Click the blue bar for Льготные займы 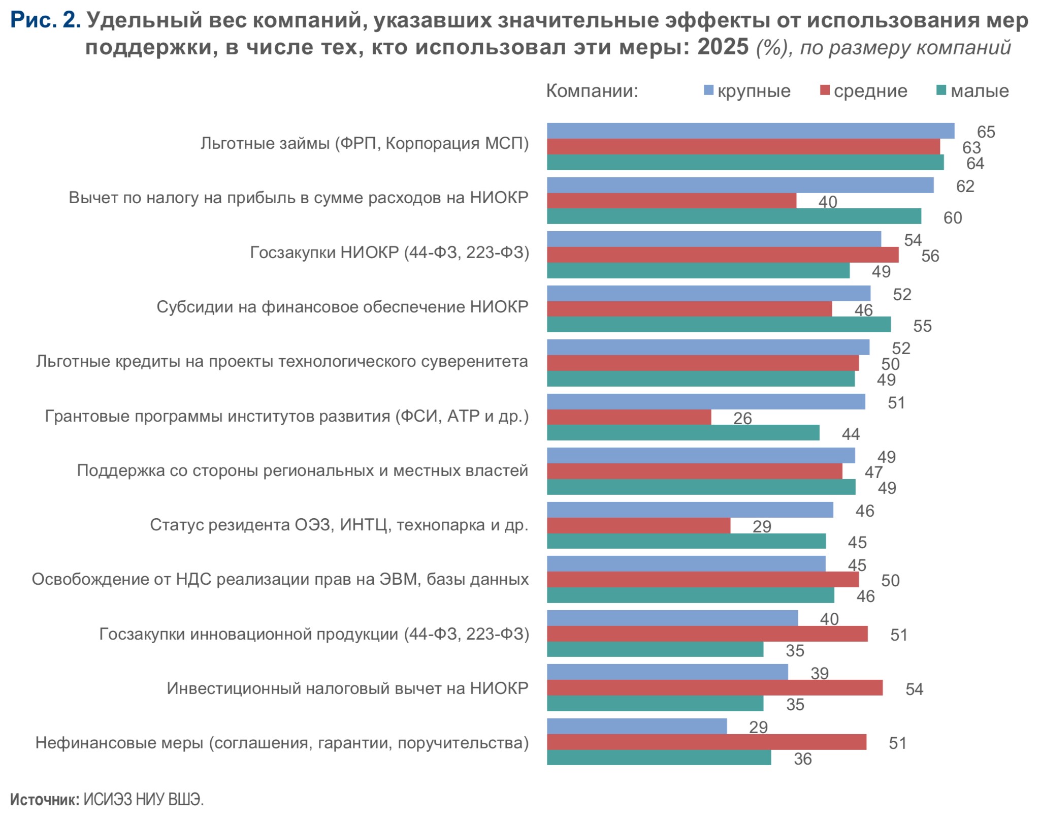pyautogui.click(x=750, y=131)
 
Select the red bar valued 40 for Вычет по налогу pyautogui.click(x=671, y=201)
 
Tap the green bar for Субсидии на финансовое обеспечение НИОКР pyautogui.click(x=719, y=325)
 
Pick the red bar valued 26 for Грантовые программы pyautogui.click(x=629, y=417)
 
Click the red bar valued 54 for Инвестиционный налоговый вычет pyautogui.click(x=714, y=688)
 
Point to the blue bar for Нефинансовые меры pyautogui.click(x=636, y=726)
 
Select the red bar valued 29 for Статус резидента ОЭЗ pyautogui.click(x=638, y=525)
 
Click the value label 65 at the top pyautogui.click(x=986, y=132)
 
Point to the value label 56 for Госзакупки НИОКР pyautogui.click(x=930, y=256)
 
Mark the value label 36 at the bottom pyautogui.click(x=802, y=759)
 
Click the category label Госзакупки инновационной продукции pyautogui.click(x=314, y=634)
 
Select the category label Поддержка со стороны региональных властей pyautogui.click(x=302, y=470)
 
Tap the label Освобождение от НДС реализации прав pyautogui.click(x=280, y=579)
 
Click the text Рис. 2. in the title pyautogui.click(x=45, y=20)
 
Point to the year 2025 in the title pyautogui.click(x=723, y=47)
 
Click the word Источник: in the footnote pyautogui.click(x=45, y=799)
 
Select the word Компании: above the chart pyautogui.click(x=592, y=91)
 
